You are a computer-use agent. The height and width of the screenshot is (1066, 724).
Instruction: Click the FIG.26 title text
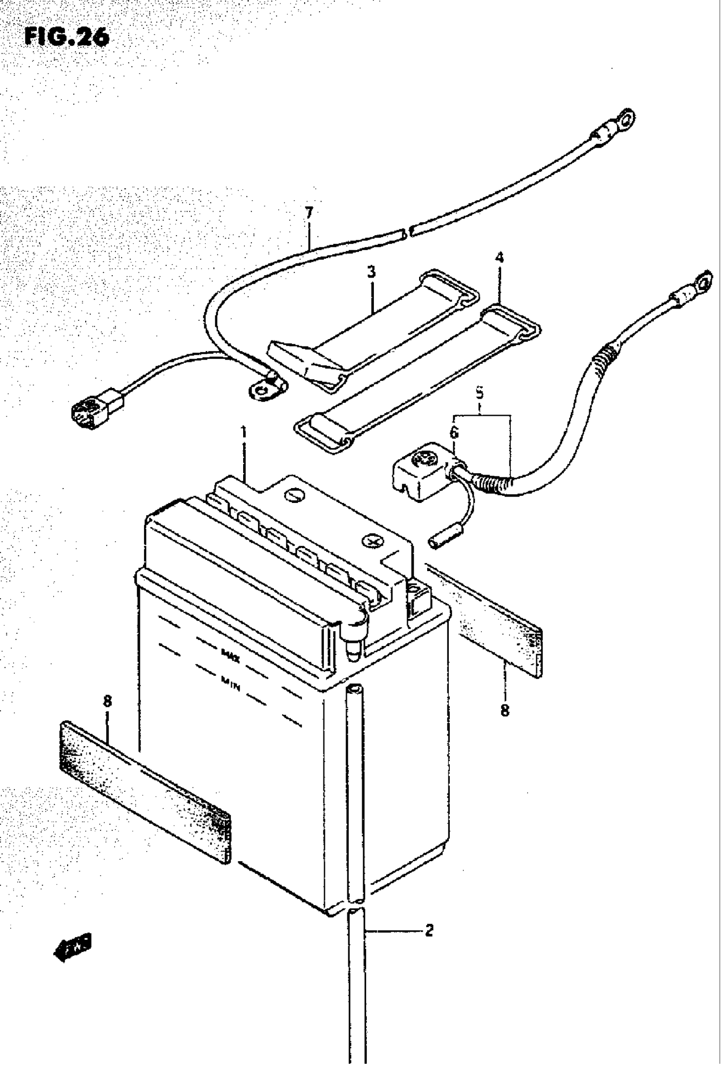pyautogui.click(x=67, y=37)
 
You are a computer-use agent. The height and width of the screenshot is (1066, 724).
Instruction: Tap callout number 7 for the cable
pyautogui.click(x=309, y=213)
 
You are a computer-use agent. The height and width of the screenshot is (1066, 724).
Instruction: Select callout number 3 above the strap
pyautogui.click(x=371, y=272)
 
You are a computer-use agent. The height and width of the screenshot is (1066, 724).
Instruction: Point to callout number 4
pyautogui.click(x=499, y=258)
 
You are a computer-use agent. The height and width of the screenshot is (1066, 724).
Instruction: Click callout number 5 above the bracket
pyautogui.click(x=480, y=393)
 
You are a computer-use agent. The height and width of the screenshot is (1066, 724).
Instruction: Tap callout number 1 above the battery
pyautogui.click(x=244, y=432)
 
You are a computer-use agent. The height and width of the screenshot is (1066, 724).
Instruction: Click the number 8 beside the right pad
pyautogui.click(x=505, y=710)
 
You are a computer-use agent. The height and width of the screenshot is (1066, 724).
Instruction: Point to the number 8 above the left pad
pyautogui.click(x=108, y=701)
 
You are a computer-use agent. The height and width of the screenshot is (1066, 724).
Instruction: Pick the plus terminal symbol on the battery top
pyautogui.click(x=373, y=542)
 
